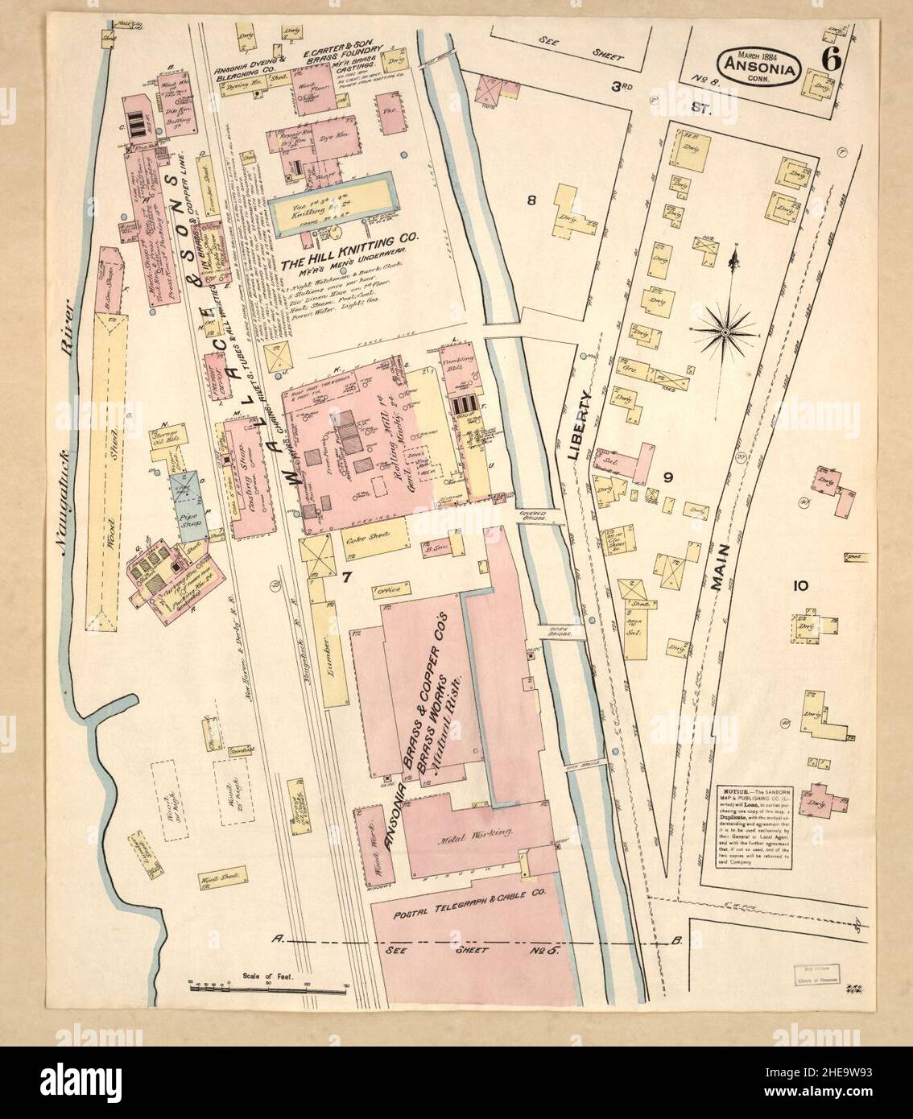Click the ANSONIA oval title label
click(760, 69)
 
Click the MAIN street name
click(722, 569)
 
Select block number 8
click(531, 201)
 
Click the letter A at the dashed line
click(279, 938)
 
